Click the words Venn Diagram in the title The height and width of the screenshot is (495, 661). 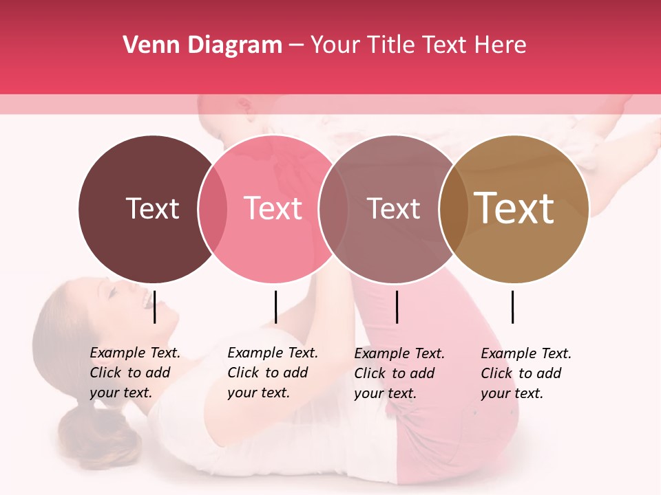(x=202, y=45)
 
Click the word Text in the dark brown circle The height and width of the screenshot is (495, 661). (x=152, y=208)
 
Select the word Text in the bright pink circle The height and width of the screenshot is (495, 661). (x=273, y=208)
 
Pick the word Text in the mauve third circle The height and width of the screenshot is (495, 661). (x=393, y=209)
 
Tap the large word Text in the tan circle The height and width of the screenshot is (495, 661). (x=514, y=208)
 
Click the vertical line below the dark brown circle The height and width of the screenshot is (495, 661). (x=155, y=307)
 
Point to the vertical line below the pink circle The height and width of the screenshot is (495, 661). (x=275, y=307)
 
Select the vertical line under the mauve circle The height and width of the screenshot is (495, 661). (x=397, y=307)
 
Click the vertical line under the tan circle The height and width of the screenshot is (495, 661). (x=512, y=307)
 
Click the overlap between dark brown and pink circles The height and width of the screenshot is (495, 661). (x=213, y=209)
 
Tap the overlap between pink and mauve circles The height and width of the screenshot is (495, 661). (x=333, y=209)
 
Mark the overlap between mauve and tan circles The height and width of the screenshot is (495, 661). (x=452, y=209)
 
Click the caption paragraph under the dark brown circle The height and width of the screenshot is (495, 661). (x=135, y=373)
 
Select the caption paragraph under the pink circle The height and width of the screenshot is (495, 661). (x=273, y=373)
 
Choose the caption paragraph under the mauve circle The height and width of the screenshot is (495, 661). (x=399, y=373)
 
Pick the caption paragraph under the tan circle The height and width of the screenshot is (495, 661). (x=526, y=373)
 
